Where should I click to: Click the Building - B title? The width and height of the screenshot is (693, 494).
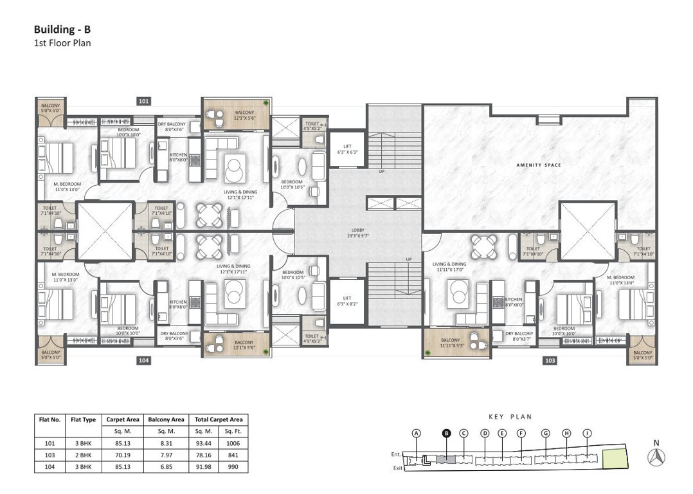pos(62,30)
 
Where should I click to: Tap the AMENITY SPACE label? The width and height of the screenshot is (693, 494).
pos(539,165)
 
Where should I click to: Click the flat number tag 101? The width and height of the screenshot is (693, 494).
pos(143,101)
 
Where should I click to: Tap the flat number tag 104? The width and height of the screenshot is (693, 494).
pos(143,361)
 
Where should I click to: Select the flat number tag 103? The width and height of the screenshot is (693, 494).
pos(550,361)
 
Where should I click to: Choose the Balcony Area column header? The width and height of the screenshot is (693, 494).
pos(165,419)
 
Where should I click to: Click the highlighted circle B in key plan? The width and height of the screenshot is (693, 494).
pos(446,434)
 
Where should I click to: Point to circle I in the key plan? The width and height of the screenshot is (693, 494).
pos(587,434)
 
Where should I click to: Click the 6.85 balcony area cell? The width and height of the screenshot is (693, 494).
pos(165,466)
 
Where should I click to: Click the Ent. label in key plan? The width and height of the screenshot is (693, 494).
pos(397,454)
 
